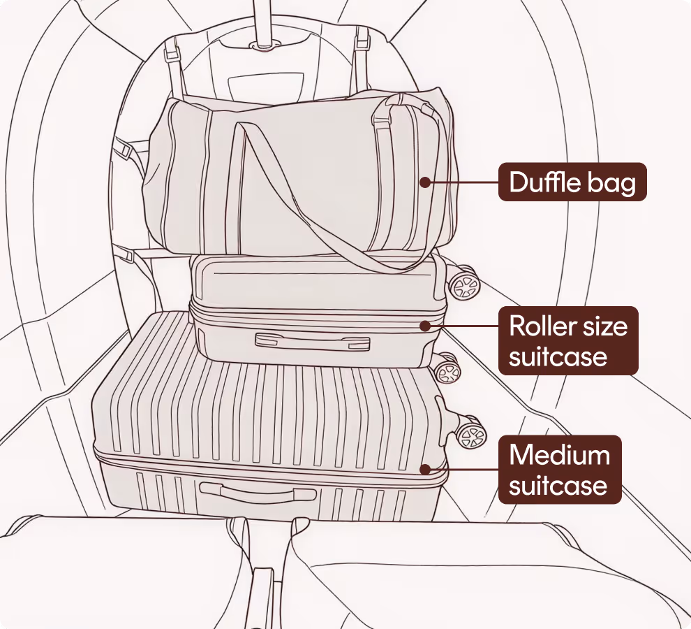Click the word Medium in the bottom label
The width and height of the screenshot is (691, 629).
pos(559,455)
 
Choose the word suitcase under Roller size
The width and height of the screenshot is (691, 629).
pos(558,356)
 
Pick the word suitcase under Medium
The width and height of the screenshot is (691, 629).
pos(558,485)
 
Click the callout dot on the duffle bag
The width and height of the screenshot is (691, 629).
pos(424,182)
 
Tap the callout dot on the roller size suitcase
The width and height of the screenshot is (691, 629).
pos(424,326)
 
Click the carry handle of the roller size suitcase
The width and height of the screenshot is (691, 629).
pos(312,341)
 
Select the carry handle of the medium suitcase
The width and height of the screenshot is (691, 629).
pos(259,492)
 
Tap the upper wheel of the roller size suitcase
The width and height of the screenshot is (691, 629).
pos(464,284)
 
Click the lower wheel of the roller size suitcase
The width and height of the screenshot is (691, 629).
pos(446,368)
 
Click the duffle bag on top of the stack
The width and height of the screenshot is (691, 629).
pos(293,175)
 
